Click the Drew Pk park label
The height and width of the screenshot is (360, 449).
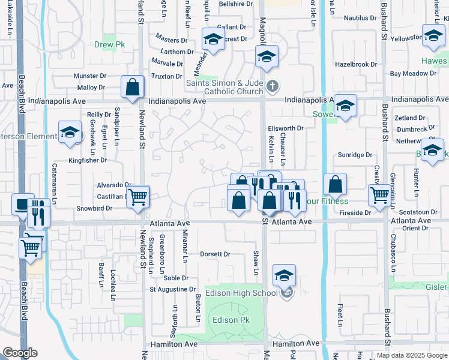point(109,44)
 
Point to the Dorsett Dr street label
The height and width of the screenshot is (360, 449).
point(215,254)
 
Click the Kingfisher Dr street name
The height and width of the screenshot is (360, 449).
point(88,160)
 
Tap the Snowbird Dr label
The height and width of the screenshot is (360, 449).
point(95,208)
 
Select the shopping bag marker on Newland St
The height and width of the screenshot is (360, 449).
point(133,87)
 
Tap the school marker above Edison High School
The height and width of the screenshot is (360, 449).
point(284,275)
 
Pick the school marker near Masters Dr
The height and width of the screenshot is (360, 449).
point(212,39)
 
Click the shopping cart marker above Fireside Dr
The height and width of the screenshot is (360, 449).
point(380,194)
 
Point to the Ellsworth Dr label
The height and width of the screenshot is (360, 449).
point(286,128)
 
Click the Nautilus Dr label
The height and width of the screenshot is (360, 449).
point(360,18)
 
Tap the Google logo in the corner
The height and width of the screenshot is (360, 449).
point(20,353)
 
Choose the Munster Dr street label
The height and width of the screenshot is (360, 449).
point(89,76)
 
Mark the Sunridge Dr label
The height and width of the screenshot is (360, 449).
point(355,155)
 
